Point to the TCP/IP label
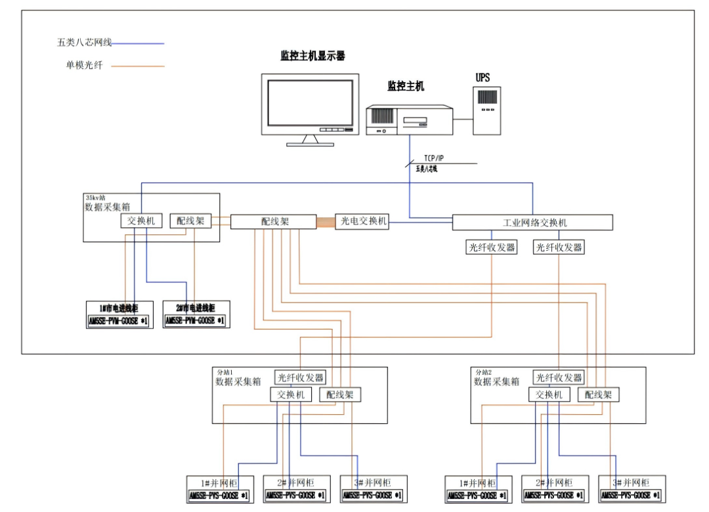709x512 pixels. click(434, 158)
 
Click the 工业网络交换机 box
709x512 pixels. click(532, 223)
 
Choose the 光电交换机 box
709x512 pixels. click(362, 221)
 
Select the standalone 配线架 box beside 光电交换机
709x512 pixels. click(273, 222)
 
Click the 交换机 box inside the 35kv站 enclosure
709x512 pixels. click(140, 221)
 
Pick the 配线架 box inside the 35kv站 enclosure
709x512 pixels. click(190, 221)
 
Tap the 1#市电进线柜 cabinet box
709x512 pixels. click(119, 314)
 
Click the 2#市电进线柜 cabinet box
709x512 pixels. click(196, 314)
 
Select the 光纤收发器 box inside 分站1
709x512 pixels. click(300, 377)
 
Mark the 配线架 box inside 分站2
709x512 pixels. click(598, 395)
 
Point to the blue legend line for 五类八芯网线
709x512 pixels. click(138, 43)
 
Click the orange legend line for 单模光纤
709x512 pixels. click(138, 66)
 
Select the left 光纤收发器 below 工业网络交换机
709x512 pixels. click(491, 247)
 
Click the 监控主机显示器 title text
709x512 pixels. click(312, 56)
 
